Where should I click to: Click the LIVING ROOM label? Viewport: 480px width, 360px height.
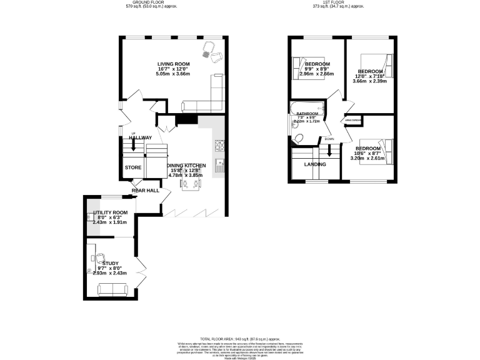(x=173, y=64)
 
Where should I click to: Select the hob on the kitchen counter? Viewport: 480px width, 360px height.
(x=220, y=145)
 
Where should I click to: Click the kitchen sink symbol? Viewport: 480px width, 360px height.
(x=220, y=166)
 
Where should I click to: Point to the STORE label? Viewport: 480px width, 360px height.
(x=133, y=167)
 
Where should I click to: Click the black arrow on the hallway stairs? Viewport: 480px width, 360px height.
(x=133, y=146)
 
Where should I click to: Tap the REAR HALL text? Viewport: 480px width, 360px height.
(x=145, y=190)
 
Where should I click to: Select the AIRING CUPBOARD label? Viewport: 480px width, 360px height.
(x=352, y=119)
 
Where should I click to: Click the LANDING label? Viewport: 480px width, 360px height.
(x=314, y=164)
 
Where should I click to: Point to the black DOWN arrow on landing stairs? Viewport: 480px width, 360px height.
(x=329, y=151)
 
